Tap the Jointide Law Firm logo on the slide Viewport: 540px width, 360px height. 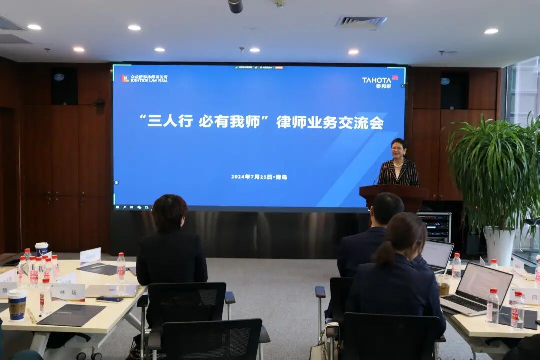pyautogui.click(x=144, y=79)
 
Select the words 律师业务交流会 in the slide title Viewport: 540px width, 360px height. pyautogui.click(x=330, y=123)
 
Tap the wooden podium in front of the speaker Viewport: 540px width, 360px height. pyautogui.click(x=393, y=195)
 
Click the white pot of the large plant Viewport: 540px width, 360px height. pyautogui.click(x=499, y=245)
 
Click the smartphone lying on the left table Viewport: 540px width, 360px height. pyautogui.click(x=109, y=299)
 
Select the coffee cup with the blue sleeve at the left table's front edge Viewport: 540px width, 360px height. pyautogui.click(x=17, y=305)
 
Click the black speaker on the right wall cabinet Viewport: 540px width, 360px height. pyautogui.click(x=454, y=90)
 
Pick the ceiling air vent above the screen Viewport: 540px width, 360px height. pyautogui.click(x=361, y=22)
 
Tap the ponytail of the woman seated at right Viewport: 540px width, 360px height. pyautogui.click(x=384, y=252)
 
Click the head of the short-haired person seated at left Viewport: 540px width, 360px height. pyautogui.click(x=170, y=212)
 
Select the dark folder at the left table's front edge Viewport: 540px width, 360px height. pyautogui.click(x=71, y=315)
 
